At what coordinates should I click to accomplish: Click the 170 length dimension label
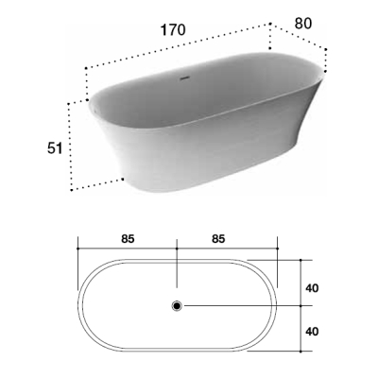coord(173,30)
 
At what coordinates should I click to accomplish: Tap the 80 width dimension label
coord(303,24)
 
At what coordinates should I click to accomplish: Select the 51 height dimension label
coord(55,148)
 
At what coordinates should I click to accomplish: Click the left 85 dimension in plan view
coord(128,239)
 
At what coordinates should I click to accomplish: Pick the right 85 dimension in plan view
coord(218,239)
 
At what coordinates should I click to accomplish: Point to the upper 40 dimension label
coord(312,288)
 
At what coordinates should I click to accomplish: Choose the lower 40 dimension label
coord(312,331)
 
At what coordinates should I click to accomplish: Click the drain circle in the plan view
coord(177,305)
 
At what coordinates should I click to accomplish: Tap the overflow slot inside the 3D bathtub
coord(185,77)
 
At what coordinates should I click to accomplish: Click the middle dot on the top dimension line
coord(177,249)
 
